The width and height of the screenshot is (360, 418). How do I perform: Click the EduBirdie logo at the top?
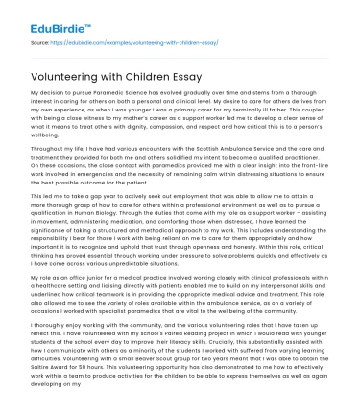[x=39, y=16]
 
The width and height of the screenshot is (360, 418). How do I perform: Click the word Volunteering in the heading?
[x=63, y=72]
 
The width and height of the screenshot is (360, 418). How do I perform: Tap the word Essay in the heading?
[x=191, y=72]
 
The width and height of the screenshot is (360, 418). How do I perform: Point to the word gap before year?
[x=87, y=194]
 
